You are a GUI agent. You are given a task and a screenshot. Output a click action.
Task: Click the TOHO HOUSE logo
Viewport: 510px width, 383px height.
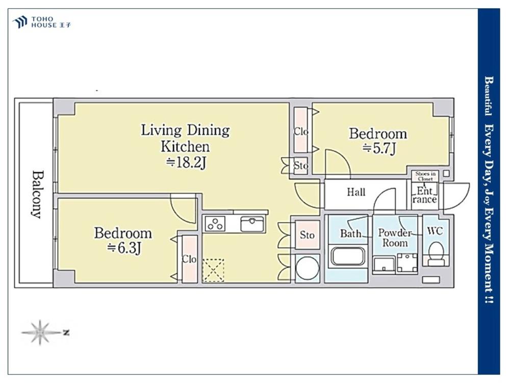(x=42, y=22)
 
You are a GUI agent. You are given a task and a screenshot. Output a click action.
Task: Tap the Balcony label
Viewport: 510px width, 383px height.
(x=37, y=194)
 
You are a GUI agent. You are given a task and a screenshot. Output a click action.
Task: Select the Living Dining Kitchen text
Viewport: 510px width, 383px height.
(x=185, y=138)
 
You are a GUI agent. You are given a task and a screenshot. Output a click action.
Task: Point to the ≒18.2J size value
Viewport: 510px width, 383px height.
(x=186, y=162)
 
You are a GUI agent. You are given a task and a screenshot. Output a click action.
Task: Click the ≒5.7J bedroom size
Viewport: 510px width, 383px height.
(x=379, y=148)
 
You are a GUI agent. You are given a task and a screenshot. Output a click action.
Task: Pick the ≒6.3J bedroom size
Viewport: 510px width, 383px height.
(x=124, y=249)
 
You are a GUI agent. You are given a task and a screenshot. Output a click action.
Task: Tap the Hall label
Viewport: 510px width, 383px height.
(x=356, y=192)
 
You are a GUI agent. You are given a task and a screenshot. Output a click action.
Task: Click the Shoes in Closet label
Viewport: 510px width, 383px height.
(x=425, y=176)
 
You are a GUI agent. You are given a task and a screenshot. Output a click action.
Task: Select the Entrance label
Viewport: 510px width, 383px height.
(x=424, y=195)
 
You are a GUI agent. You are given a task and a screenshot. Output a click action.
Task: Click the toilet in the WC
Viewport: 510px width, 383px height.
(x=435, y=253)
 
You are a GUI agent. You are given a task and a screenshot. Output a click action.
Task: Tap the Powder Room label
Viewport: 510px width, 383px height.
(x=395, y=238)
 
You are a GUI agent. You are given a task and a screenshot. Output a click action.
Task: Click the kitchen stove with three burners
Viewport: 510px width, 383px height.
(x=215, y=224)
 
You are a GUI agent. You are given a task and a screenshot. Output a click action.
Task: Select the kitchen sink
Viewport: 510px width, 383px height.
(x=252, y=224)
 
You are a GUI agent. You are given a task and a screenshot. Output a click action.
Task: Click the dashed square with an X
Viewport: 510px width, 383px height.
(x=213, y=270)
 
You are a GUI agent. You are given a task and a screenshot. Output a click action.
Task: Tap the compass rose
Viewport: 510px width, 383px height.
(x=40, y=332)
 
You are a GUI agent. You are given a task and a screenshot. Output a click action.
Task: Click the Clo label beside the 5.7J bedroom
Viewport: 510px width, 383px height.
(x=301, y=132)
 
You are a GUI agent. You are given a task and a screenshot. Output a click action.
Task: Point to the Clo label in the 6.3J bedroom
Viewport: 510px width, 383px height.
(x=189, y=259)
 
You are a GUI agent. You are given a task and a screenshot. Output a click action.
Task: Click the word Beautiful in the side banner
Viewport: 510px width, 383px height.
(x=488, y=96)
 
